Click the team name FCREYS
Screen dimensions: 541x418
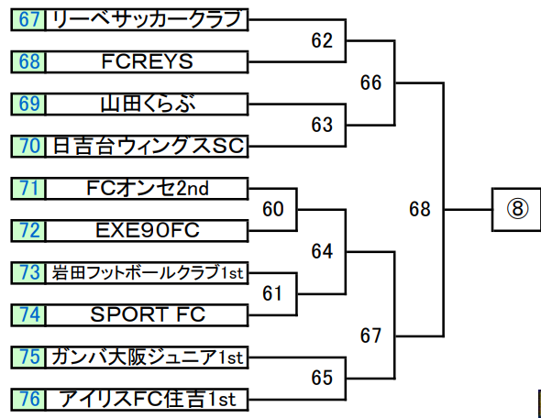coord(147,62)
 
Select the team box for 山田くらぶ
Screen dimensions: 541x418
coord(147,104)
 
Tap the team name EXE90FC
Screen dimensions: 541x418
coord(147,231)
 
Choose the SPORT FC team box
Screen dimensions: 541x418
coord(147,315)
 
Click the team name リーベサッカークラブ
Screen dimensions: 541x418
coord(147,19)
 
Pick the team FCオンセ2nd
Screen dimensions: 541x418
coord(147,189)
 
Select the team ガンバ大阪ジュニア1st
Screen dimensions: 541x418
coord(147,357)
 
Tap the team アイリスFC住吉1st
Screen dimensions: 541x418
coord(147,400)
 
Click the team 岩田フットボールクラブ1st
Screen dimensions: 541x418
coord(147,273)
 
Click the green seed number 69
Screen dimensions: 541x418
coord(28,104)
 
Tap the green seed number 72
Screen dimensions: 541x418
coord(28,231)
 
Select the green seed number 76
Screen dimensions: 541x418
coord(28,400)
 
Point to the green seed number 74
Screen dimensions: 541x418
coord(28,315)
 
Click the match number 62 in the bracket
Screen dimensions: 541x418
coord(322,40)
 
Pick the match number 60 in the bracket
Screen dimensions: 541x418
coord(273,209)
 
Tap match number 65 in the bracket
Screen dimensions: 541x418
coord(322,378)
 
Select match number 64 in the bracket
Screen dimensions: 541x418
coord(322,251)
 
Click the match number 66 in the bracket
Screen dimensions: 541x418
coord(370,82)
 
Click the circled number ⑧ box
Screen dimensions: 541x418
coord(516,209)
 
